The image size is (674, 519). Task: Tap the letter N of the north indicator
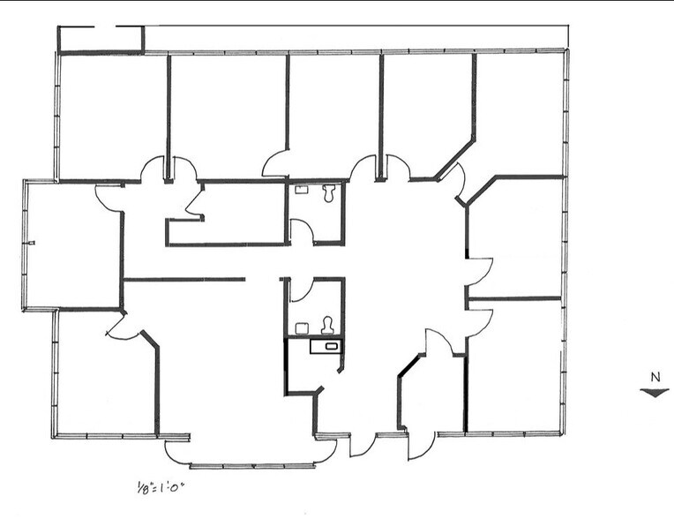[654, 377]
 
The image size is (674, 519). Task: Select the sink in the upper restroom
[301, 188]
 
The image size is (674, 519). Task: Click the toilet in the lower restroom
[327, 325]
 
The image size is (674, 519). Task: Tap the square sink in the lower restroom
[301, 327]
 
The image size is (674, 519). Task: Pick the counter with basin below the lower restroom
[327, 346]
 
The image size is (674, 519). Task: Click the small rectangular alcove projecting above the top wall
[101, 38]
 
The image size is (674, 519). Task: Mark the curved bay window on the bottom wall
[250, 459]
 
